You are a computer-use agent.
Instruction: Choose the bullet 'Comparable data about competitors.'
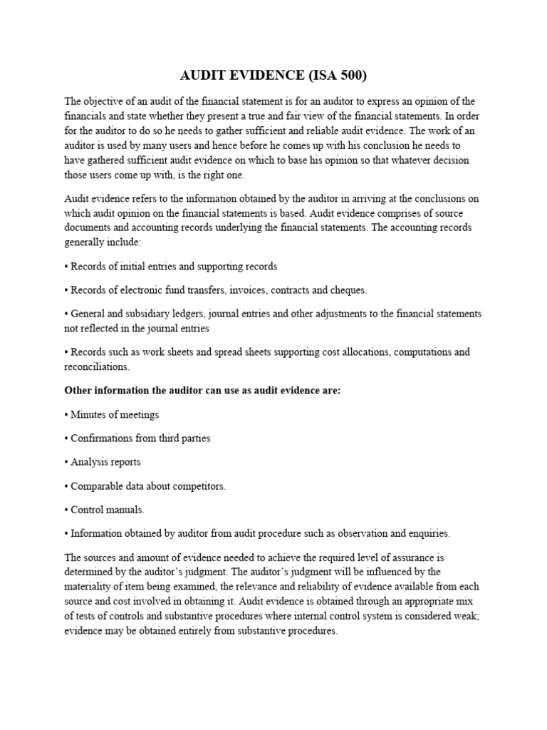145,485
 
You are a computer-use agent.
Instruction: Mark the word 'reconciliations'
95,366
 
